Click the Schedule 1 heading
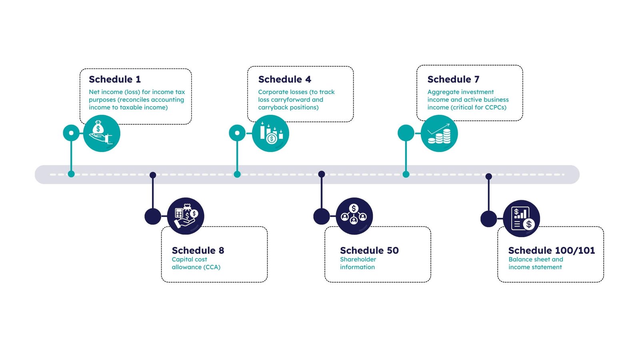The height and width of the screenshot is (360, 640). [x=115, y=79]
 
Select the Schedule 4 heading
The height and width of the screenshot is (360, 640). [x=284, y=79]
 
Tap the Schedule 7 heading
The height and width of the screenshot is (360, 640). [x=453, y=79]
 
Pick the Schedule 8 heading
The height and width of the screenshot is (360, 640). [x=198, y=250]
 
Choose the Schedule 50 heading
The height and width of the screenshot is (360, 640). [x=369, y=250]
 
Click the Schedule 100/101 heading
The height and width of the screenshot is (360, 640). [x=551, y=250]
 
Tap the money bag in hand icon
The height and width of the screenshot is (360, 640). [x=102, y=134]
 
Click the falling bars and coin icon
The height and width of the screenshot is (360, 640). [x=271, y=134]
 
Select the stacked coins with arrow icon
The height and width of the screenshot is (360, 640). [x=439, y=134]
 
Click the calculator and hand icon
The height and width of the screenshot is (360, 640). [x=186, y=216]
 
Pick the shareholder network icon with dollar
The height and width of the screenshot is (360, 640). [x=354, y=216]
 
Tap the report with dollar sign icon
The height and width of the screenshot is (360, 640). [x=522, y=218]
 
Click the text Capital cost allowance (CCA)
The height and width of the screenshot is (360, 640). [x=196, y=263]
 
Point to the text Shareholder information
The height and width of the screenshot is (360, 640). [x=358, y=263]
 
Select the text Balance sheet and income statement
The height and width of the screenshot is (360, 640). [x=536, y=263]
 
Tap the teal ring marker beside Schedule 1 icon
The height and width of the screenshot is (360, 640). [x=71, y=133]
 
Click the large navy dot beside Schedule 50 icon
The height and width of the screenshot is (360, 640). [x=322, y=216]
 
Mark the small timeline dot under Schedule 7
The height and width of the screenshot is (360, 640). [x=406, y=174]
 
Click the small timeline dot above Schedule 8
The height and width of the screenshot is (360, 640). [x=153, y=175]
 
